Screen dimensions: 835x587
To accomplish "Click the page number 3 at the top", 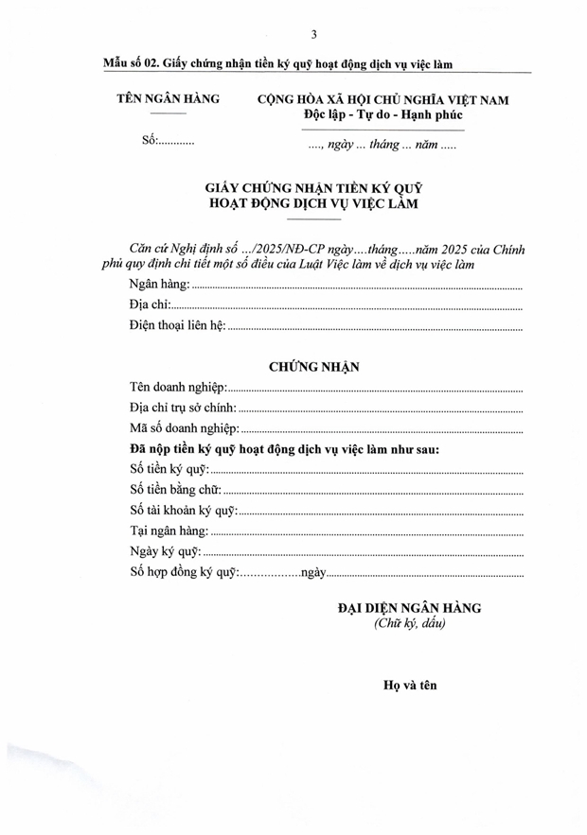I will pyautogui.click(x=313, y=35).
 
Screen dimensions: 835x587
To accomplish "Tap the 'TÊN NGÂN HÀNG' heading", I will pyautogui.click(x=168, y=98).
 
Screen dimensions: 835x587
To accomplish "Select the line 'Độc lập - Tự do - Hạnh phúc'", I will pyautogui.click(x=383, y=115).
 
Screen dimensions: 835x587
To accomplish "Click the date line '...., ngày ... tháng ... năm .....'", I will pyautogui.click(x=382, y=147).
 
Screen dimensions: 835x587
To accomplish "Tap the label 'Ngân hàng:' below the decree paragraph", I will pyautogui.click(x=158, y=285).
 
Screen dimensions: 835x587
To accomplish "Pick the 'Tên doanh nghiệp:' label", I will pyautogui.click(x=177, y=388).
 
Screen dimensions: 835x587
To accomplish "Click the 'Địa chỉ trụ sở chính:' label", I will pyautogui.click(x=183, y=409).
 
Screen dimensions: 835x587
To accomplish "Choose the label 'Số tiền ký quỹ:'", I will pyautogui.click(x=167, y=470).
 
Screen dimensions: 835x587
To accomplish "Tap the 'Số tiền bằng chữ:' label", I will pyautogui.click(x=174, y=490).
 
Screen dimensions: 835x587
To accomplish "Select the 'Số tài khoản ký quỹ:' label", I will pyautogui.click(x=182, y=511).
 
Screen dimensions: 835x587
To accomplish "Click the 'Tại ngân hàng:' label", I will pyautogui.click(x=168, y=531).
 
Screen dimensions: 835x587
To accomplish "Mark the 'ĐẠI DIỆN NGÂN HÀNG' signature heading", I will pyautogui.click(x=409, y=608).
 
